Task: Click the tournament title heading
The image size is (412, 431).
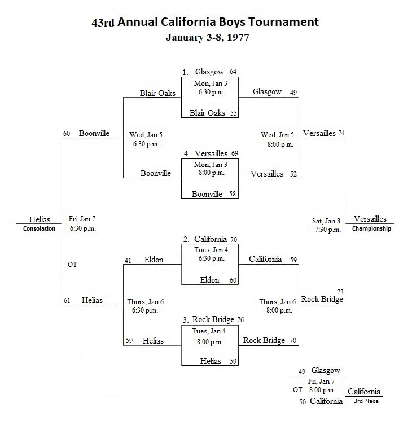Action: pyautogui.click(x=205, y=22)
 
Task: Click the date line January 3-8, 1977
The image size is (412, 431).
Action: pyautogui.click(x=208, y=37)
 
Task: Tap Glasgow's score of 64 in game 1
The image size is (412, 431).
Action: pyautogui.click(x=233, y=72)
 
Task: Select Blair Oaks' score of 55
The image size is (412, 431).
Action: pyautogui.click(x=234, y=113)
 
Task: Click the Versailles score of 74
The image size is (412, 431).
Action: pyautogui.click(x=341, y=133)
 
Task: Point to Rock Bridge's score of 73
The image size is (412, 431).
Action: pyautogui.click(x=340, y=292)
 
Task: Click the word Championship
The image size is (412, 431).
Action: pyautogui.click(x=371, y=228)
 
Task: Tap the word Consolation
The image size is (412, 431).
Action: pyautogui.click(x=39, y=228)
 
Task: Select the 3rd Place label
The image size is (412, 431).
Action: pyautogui.click(x=366, y=401)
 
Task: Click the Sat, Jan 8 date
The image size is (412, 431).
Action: pyautogui.click(x=326, y=221)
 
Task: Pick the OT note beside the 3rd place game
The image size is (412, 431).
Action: pyautogui.click(x=297, y=389)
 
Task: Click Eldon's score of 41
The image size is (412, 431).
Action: pyautogui.click(x=128, y=260)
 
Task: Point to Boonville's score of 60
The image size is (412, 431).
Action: pyautogui.click(x=67, y=134)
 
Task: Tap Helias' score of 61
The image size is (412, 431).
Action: pyautogui.click(x=67, y=301)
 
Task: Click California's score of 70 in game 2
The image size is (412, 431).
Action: pyautogui.click(x=234, y=239)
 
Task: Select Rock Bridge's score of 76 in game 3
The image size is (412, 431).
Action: pyautogui.click(x=240, y=320)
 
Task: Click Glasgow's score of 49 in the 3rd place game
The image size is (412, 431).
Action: pyautogui.click(x=302, y=371)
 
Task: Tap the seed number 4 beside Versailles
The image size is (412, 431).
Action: pyautogui.click(x=187, y=153)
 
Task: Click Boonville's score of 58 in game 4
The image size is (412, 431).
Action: pyautogui.click(x=233, y=194)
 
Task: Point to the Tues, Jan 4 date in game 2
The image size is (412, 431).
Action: pyautogui.click(x=211, y=250)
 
